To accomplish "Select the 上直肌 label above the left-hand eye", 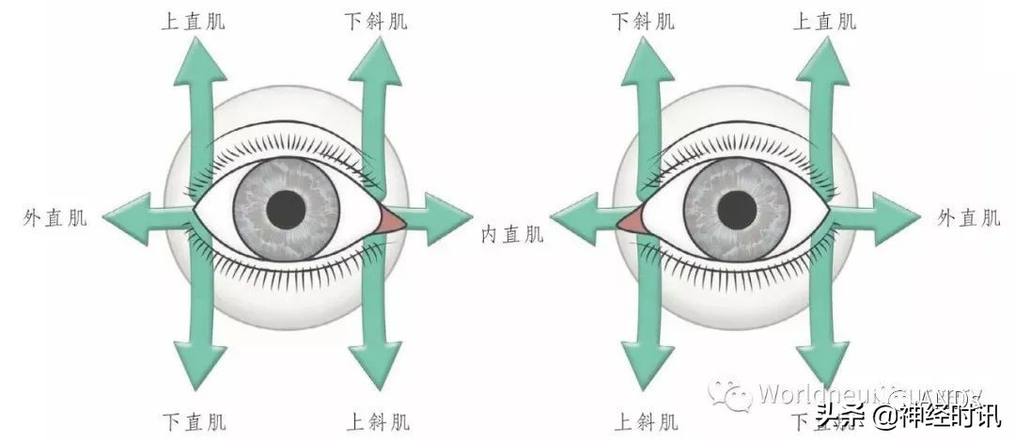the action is point(194,21).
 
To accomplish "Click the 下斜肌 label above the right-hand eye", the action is point(643,21).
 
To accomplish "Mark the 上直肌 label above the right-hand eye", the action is point(824,21).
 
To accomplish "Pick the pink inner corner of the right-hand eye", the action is point(630,221).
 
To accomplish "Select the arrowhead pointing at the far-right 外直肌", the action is point(897,216).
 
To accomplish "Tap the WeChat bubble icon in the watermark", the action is point(730,394).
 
